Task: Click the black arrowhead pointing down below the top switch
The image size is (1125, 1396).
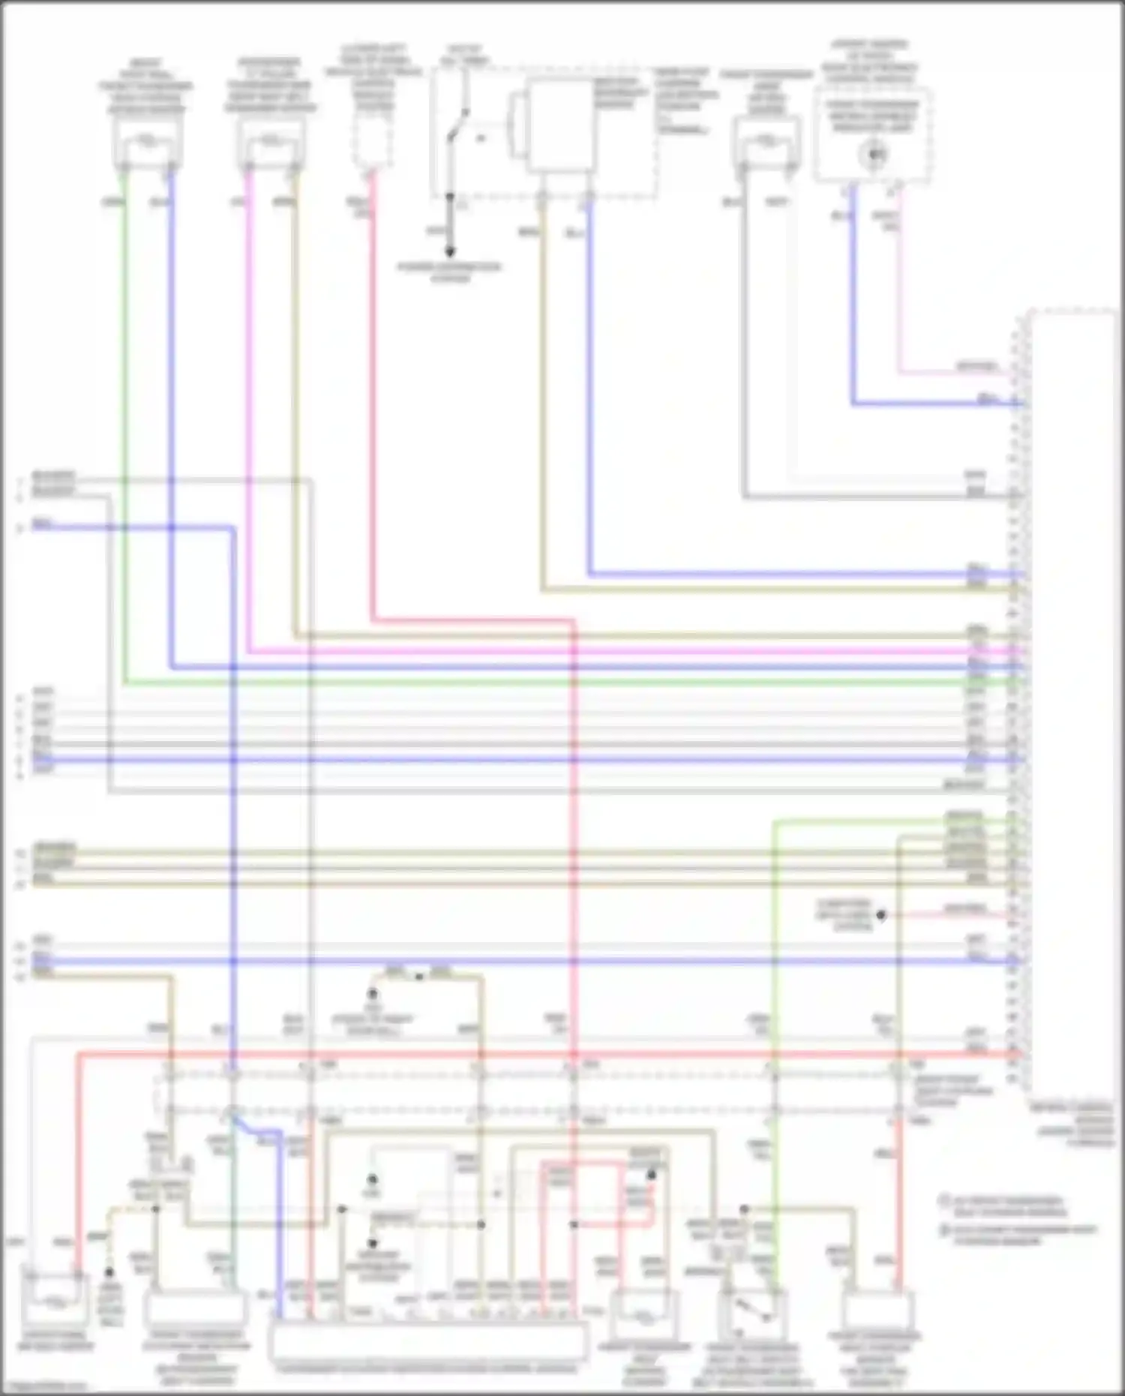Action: (x=450, y=252)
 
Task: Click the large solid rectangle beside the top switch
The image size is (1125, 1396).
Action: (x=559, y=125)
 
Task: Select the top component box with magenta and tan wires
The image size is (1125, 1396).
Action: (x=271, y=143)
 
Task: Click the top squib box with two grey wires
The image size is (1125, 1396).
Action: (x=766, y=143)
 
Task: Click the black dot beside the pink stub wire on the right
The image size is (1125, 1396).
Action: (x=882, y=915)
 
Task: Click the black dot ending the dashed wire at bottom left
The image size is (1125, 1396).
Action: (x=109, y=1273)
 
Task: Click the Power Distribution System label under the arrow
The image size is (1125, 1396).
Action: (x=450, y=272)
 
